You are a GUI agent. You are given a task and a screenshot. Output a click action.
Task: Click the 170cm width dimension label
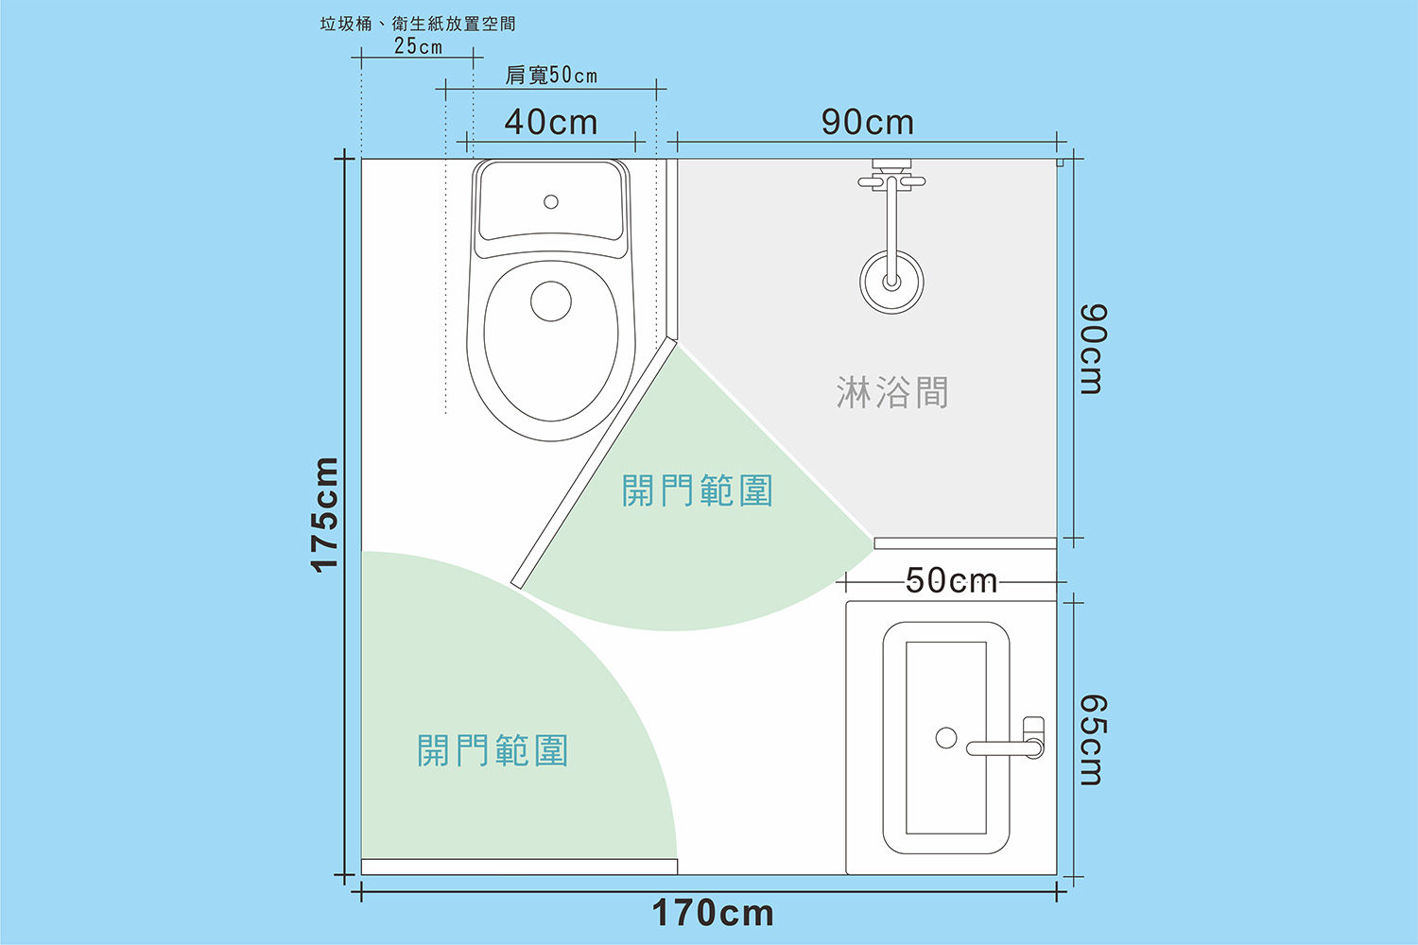click(x=713, y=914)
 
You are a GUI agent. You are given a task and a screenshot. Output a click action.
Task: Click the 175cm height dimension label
click(x=325, y=515)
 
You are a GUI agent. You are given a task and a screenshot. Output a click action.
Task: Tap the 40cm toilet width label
click(x=550, y=122)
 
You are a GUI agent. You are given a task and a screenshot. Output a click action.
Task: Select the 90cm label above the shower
click(x=867, y=122)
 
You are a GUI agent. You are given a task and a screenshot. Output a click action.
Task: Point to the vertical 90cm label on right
click(x=1092, y=349)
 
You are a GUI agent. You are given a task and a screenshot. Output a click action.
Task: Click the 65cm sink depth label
click(x=1092, y=740)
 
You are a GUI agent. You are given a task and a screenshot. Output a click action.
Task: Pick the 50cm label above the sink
click(x=951, y=580)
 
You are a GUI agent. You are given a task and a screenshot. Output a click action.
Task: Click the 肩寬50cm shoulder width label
click(x=551, y=76)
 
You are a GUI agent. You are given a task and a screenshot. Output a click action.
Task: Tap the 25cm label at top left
click(x=418, y=46)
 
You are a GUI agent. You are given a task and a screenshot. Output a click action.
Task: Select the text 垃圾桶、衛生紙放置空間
click(x=418, y=24)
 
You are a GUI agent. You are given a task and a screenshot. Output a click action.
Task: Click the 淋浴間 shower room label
click(x=891, y=392)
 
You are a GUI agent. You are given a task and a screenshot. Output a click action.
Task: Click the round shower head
click(x=891, y=282)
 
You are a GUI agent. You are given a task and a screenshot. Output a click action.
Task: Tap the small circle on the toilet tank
click(x=551, y=201)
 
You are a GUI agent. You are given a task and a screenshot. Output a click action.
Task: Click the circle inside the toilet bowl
click(x=551, y=301)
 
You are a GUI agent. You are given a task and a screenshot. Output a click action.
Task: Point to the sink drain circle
click(x=946, y=738)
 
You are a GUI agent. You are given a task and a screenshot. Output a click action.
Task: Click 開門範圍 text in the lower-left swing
click(x=493, y=751)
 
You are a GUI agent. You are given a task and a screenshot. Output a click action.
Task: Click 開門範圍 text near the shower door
click(x=698, y=491)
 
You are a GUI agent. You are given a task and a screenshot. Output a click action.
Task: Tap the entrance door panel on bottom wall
click(x=519, y=867)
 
